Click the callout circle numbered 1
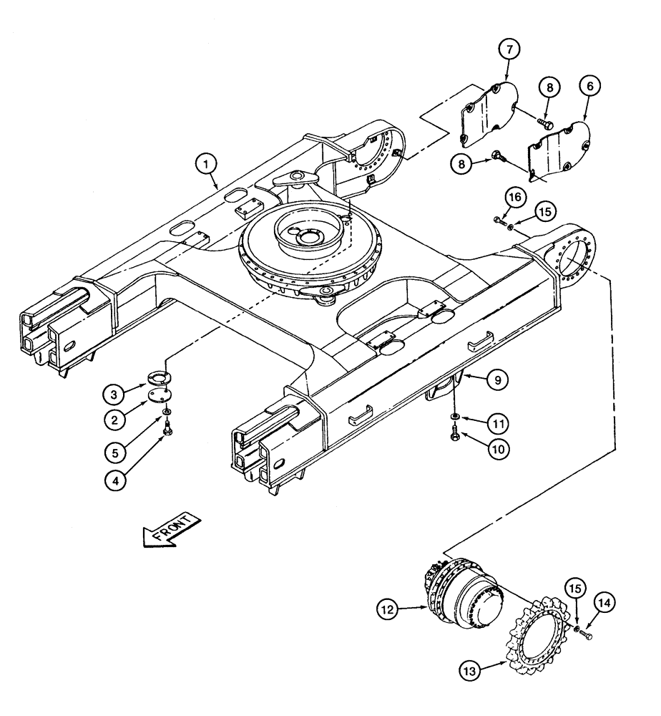207,165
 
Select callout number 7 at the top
509,51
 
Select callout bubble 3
115,392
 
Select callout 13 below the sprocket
473,671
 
